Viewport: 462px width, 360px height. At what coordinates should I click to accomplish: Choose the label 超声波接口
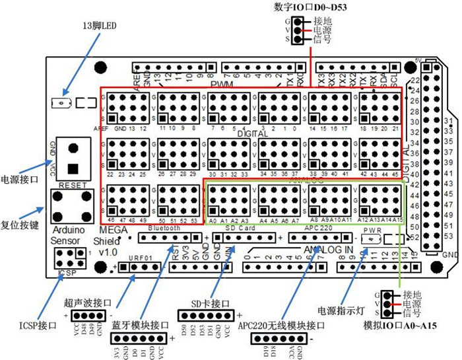click(x=88, y=303)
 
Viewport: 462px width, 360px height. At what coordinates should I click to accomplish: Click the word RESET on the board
click(x=73, y=186)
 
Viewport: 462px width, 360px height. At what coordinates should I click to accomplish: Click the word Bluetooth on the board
click(x=164, y=228)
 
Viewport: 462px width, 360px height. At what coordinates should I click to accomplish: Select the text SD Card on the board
click(x=241, y=228)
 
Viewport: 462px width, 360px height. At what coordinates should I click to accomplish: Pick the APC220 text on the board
click(x=319, y=228)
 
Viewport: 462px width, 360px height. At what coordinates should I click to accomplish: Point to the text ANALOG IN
click(x=329, y=249)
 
